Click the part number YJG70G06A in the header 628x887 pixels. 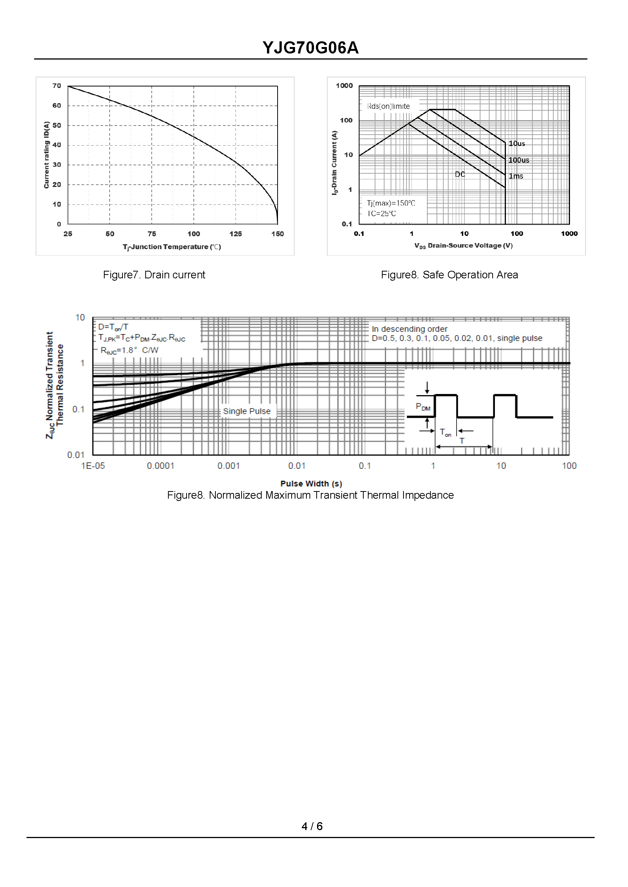pos(311,48)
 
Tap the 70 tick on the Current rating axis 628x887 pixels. pos(57,86)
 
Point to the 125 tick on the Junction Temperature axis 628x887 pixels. pos(235,234)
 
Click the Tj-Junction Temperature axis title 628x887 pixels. pos(172,247)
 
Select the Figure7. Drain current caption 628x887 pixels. pos(154,275)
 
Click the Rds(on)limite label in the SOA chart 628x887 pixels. pos(388,106)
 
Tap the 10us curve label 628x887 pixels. pos(517,143)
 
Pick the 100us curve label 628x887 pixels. pos(518,160)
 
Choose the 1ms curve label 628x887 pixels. pos(516,176)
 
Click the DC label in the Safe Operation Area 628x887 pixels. pos(460,174)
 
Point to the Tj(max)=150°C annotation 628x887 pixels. pos(391,203)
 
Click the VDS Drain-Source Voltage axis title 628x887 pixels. pos(463,245)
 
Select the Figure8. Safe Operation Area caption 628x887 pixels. pos(449,275)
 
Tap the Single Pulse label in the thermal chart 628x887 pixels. pos(247,411)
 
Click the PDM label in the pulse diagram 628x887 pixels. pos(423,407)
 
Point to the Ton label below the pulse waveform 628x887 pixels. pos(446,433)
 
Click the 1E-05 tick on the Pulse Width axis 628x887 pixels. pos(93,466)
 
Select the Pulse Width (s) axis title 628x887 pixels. pos(311,484)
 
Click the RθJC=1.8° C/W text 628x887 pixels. pos(129,350)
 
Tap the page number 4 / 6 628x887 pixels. pos(312,826)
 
